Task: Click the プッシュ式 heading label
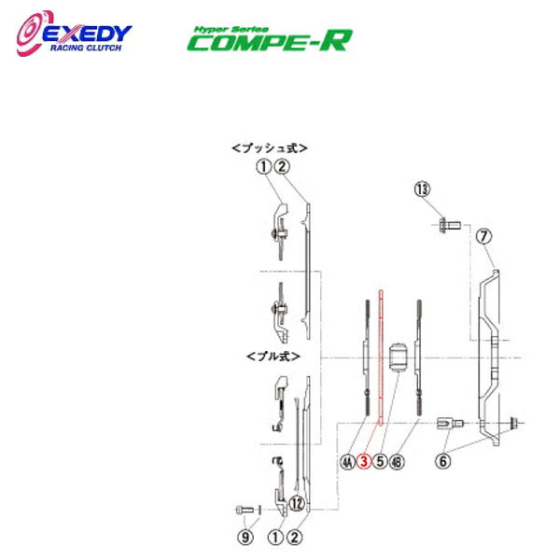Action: [x=270, y=147]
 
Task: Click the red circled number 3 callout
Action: [x=365, y=459]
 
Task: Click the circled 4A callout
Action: [x=348, y=459]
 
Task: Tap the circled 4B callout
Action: [x=398, y=459]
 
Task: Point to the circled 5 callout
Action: [x=381, y=459]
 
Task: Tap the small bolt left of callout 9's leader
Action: [x=244, y=509]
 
